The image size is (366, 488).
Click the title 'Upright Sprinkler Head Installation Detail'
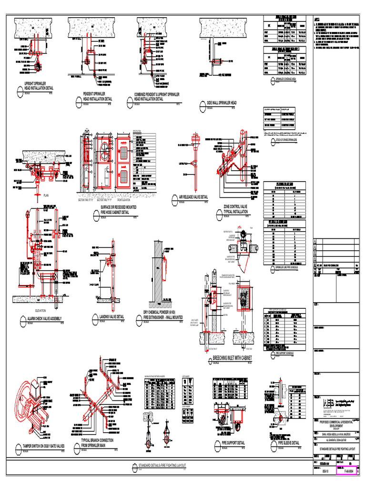(x=39, y=86)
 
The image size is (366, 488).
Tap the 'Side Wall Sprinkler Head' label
(x=221, y=103)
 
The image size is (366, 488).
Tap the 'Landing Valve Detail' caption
(x=111, y=316)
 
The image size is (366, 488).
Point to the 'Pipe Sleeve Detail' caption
(x=288, y=443)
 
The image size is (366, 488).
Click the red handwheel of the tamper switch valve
(x=25, y=398)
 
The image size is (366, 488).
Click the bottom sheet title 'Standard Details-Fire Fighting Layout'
(x=162, y=465)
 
